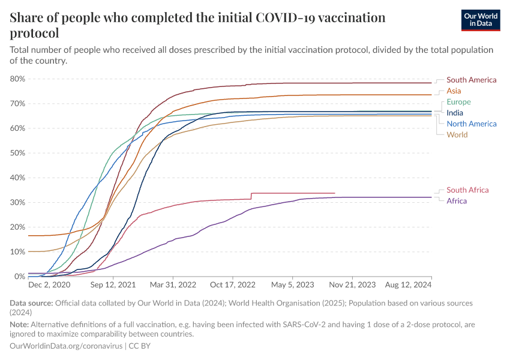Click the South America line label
[471, 80]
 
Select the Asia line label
[454, 91]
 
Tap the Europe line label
[458, 102]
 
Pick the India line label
[455, 113]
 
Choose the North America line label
[471, 124]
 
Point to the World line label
[457, 135]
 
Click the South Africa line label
[467, 190]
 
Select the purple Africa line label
[457, 201]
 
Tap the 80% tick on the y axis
[17, 79]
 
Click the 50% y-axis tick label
[17, 153]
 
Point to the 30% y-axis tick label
[17, 202]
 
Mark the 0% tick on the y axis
[19, 277]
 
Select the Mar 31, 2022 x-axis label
[174, 285]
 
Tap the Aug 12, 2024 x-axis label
[407, 285]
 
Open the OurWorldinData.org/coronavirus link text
[66, 346]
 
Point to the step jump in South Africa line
[251, 196]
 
